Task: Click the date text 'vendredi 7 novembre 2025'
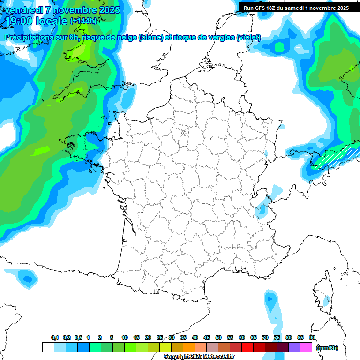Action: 61,9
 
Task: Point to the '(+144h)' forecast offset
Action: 83,21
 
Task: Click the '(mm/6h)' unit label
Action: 327,348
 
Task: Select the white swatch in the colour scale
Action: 48,347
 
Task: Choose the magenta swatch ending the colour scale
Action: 306,347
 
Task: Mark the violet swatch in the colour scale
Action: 294,347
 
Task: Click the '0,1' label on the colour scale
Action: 55,337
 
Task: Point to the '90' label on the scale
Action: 312,337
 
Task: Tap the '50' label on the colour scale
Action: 218,337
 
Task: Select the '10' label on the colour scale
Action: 125,337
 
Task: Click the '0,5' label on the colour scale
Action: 78,337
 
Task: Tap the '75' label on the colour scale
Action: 277,337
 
